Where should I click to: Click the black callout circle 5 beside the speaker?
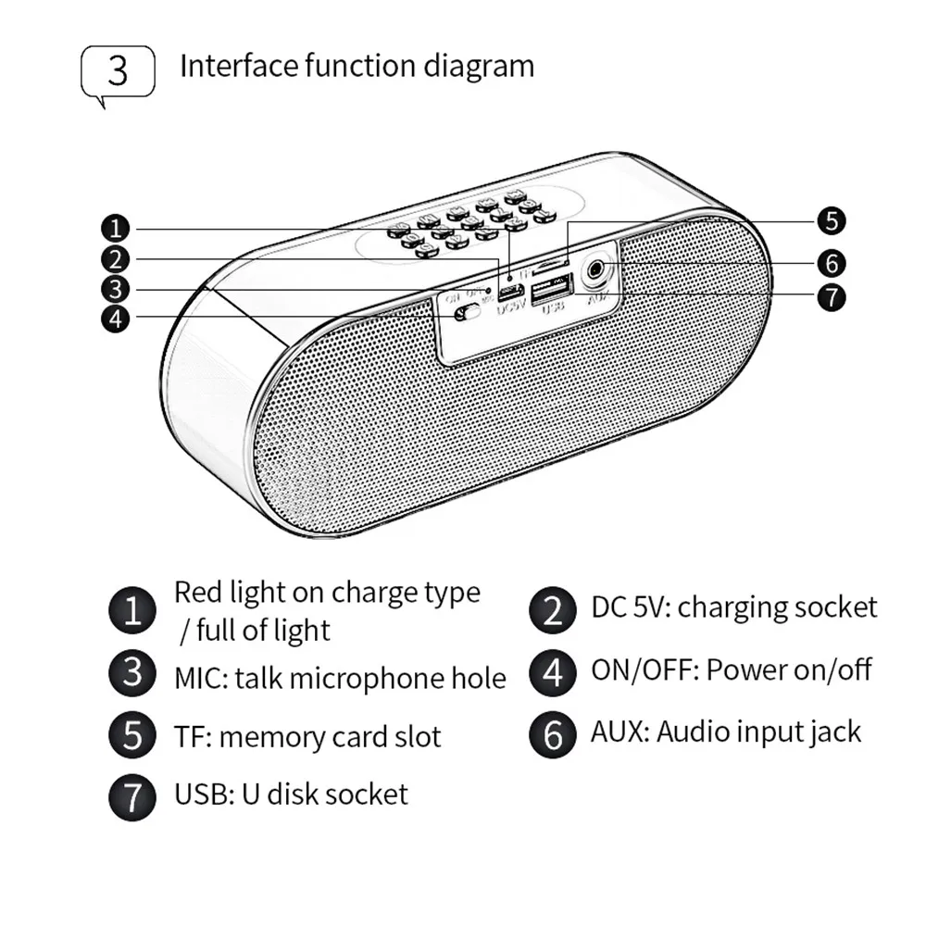click(831, 221)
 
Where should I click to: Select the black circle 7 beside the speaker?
click(831, 297)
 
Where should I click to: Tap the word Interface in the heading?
click(238, 67)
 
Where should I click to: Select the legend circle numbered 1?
click(133, 612)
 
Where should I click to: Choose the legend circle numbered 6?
click(553, 734)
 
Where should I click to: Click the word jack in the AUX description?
click(832, 732)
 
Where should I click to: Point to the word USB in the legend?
click(199, 795)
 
